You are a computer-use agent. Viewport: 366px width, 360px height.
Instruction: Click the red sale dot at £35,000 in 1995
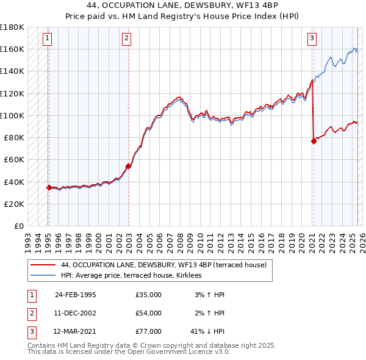click(x=49, y=187)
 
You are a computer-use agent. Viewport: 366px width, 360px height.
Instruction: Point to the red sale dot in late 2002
click(x=129, y=166)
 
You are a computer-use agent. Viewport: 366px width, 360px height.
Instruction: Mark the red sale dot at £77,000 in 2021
click(x=314, y=141)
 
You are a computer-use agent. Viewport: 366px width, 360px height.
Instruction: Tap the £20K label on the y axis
click(x=14, y=204)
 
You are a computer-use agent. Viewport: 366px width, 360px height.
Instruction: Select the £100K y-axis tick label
click(x=12, y=115)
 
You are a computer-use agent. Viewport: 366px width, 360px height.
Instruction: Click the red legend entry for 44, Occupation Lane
click(x=163, y=265)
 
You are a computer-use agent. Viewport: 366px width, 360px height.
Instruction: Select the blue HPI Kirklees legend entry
click(x=135, y=276)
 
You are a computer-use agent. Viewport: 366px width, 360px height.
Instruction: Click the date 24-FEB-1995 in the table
click(x=75, y=295)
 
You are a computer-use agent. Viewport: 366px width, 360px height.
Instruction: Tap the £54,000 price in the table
click(x=148, y=313)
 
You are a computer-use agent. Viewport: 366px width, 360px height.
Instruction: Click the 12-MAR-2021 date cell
click(x=75, y=331)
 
